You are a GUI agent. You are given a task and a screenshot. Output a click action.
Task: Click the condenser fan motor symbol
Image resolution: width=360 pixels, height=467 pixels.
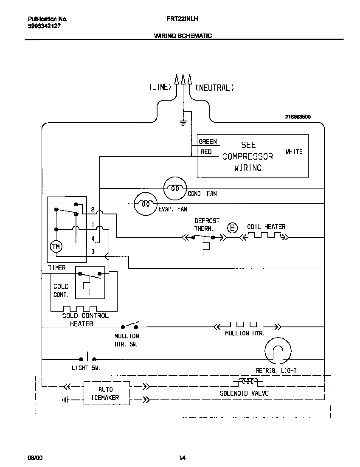pos(175,188)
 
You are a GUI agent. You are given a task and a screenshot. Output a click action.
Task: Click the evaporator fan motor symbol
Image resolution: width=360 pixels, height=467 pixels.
pos(146,204)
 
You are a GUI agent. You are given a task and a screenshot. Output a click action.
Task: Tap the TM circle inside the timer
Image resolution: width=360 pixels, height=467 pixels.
pos(56,246)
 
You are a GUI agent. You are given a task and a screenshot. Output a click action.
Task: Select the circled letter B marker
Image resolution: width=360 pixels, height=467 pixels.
pos(233,228)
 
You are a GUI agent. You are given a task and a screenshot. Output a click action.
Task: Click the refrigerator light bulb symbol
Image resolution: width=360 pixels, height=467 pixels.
pos(278,352)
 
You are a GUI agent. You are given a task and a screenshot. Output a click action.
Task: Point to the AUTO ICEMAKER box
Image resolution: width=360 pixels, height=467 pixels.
pos(106,394)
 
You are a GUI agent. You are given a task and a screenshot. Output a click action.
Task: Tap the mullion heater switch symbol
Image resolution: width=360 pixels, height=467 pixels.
pos(130,326)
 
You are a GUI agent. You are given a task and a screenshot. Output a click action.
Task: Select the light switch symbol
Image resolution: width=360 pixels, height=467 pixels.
pos(87,358)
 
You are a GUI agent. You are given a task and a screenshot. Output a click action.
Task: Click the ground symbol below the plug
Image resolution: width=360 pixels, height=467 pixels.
pos(183,123)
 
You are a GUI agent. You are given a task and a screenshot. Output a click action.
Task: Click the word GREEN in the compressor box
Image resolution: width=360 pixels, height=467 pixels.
pos(208,142)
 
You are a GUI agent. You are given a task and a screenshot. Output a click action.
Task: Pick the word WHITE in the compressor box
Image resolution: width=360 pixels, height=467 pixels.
pos(294,152)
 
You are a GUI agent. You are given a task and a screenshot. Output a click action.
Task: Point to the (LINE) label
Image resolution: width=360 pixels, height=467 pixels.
pos(160,87)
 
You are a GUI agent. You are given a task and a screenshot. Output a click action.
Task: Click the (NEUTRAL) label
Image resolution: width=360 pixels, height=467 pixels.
pos(215,88)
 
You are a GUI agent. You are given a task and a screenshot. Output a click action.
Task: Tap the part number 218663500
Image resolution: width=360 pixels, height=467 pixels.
pos(298,117)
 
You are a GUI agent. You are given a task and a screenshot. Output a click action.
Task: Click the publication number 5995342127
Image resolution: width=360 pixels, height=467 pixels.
pos(44,26)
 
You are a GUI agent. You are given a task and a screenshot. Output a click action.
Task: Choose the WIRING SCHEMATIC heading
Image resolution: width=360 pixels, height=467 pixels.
pos(183,36)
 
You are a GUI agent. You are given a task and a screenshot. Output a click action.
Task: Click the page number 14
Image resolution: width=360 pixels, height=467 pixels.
pos(182,458)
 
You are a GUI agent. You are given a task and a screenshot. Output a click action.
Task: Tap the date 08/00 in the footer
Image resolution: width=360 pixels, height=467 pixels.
pos(35,458)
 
